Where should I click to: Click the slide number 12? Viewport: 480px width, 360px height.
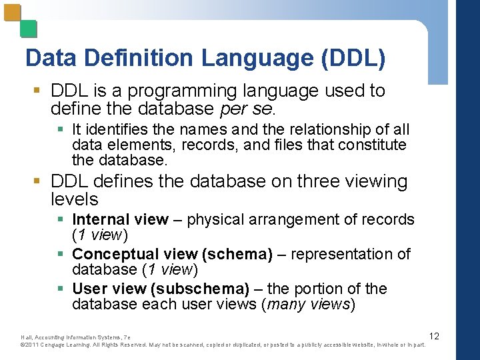[x=434, y=336]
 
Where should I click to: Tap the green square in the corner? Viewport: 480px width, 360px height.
[x=28, y=29]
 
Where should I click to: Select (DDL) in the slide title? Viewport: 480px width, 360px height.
[x=353, y=58]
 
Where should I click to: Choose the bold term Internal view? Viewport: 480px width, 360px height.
[x=120, y=220]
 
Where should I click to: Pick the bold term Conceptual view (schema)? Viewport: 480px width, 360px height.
[x=173, y=255]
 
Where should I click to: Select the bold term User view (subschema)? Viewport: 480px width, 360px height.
[x=161, y=289]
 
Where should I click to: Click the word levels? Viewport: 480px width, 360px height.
[x=74, y=199]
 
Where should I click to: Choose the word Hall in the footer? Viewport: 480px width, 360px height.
[x=27, y=337]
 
